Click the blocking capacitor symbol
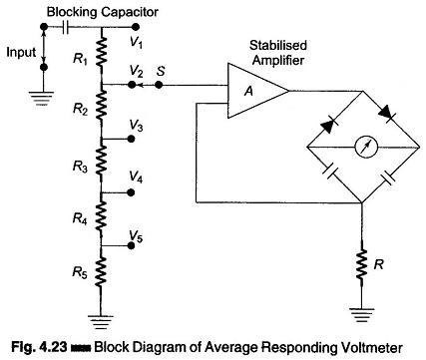point(65,27)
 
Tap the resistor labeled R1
point(102,51)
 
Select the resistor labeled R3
point(102,161)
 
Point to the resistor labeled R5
point(102,272)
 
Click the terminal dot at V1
point(135,27)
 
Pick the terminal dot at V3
point(132,139)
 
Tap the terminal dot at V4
point(131,192)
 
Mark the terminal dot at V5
point(132,245)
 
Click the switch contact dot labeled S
point(159,85)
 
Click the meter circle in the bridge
point(366,148)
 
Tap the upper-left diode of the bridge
point(328,126)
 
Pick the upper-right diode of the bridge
point(387,113)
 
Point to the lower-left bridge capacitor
point(330,173)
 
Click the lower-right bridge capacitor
point(388,176)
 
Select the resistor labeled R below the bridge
point(361,265)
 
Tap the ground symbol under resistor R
point(361,315)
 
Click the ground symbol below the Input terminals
point(43,99)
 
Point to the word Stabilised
point(278,45)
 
